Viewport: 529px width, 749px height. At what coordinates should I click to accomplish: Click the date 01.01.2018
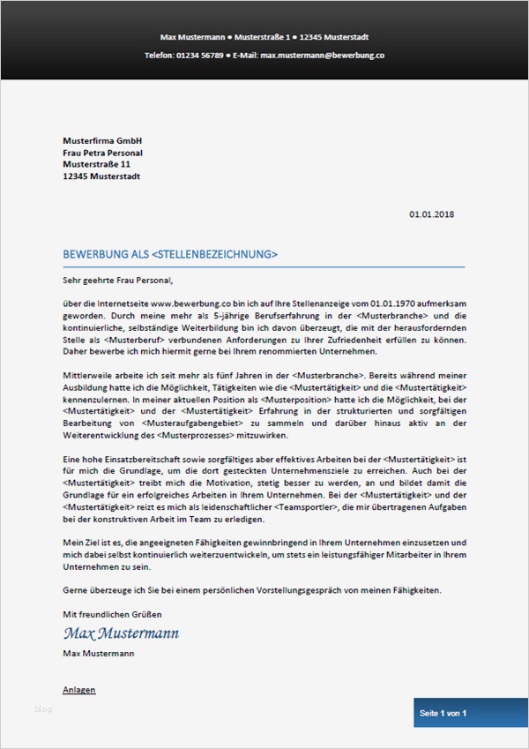click(x=432, y=213)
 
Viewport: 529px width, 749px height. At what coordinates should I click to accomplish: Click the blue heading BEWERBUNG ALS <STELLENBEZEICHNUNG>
click(x=170, y=255)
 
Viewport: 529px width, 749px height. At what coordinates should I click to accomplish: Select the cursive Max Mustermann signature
click(x=121, y=633)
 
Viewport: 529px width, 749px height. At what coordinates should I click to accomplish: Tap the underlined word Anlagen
click(x=79, y=690)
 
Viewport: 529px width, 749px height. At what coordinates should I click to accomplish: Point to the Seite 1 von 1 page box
click(x=443, y=713)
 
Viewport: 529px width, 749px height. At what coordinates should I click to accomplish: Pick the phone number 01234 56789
click(x=200, y=55)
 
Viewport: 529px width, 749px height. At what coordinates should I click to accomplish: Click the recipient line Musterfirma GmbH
click(x=102, y=141)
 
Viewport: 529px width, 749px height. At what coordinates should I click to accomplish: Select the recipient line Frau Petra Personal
click(x=102, y=153)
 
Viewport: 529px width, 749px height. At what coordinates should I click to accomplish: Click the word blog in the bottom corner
click(x=44, y=708)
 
